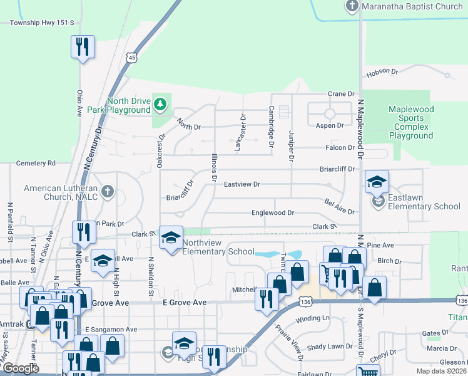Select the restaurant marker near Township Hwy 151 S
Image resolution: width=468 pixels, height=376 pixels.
click(83, 47)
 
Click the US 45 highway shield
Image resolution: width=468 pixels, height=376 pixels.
click(131, 58)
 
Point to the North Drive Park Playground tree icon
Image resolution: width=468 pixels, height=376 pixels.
click(161, 103)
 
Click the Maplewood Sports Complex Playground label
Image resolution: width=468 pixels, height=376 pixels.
click(410, 122)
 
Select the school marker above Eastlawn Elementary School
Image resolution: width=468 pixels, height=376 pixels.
click(377, 182)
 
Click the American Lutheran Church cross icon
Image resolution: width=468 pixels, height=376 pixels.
click(107, 191)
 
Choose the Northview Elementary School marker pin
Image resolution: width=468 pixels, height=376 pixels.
click(171, 238)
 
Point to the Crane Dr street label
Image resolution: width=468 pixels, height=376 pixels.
click(341, 94)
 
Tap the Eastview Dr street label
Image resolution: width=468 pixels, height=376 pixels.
click(242, 184)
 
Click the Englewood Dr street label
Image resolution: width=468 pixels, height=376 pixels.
click(272, 213)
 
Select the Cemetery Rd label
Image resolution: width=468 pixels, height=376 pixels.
click(36, 163)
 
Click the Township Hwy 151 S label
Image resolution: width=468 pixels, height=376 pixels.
click(42, 23)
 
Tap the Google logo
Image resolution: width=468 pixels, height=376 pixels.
click(21, 368)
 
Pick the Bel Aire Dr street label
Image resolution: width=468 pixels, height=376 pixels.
click(340, 207)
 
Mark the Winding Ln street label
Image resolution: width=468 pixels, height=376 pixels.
click(312, 318)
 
